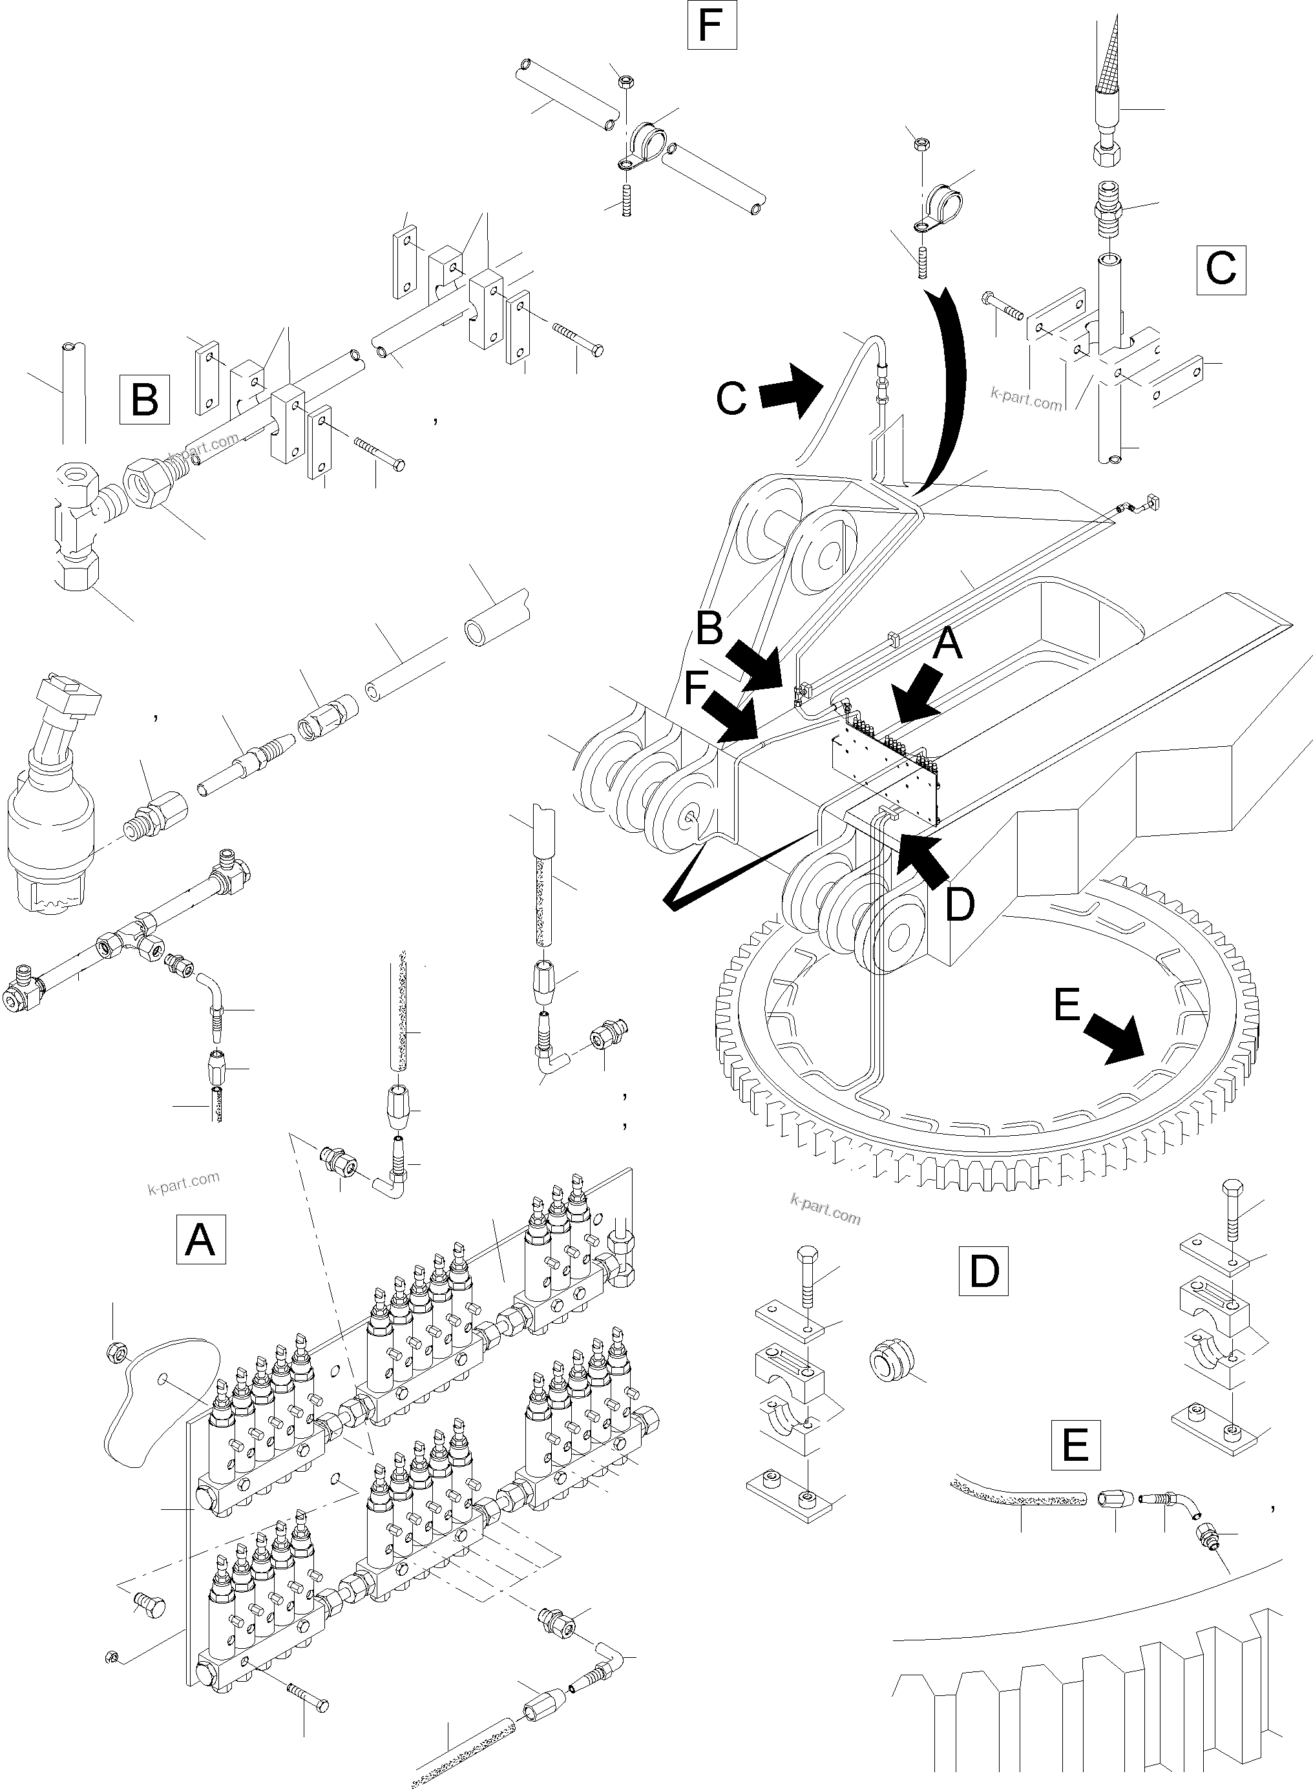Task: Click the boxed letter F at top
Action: click(x=711, y=26)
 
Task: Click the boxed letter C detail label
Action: click(x=1220, y=270)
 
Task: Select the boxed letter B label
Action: click(x=144, y=398)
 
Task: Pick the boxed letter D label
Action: click(x=983, y=1271)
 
